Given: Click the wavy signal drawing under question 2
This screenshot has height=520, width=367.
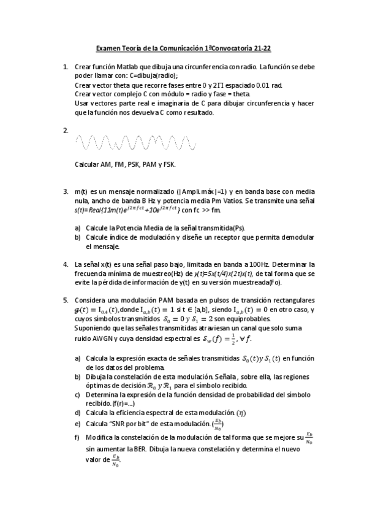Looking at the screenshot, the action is tap(135, 143).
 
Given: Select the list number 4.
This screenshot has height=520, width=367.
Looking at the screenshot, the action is tap(65, 264).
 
